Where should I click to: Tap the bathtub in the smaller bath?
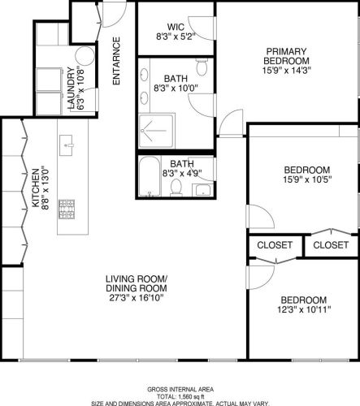pos(151,179)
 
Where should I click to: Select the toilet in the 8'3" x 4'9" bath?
pos(176,187)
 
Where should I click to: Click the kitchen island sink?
pos(67,146)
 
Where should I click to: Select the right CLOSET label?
pos(330,244)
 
